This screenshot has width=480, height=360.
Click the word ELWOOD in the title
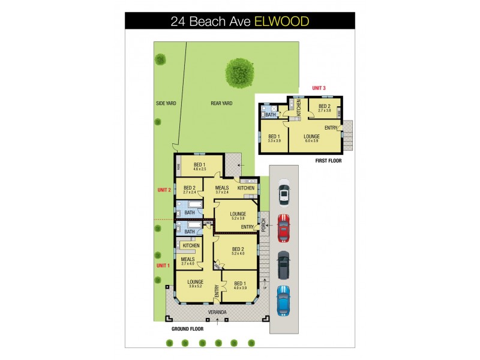[282, 22]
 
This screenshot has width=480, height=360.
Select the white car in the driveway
[283, 193]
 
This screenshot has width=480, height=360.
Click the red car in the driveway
[283, 227]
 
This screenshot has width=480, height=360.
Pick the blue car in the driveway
[283, 300]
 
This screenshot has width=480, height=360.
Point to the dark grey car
[283, 264]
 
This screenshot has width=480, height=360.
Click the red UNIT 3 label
[319, 89]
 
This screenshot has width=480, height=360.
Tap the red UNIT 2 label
[164, 190]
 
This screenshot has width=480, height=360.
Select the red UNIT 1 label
[163, 265]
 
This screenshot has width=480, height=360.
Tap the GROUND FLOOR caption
[188, 329]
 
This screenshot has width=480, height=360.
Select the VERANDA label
[217, 312]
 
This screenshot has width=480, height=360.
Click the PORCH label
[263, 224]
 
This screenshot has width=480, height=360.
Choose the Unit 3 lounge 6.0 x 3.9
[311, 139]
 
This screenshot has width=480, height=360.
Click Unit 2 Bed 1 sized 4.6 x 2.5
[199, 167]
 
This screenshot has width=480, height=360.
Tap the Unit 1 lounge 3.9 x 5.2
[195, 284]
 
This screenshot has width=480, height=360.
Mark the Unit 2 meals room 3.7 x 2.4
[222, 190]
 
